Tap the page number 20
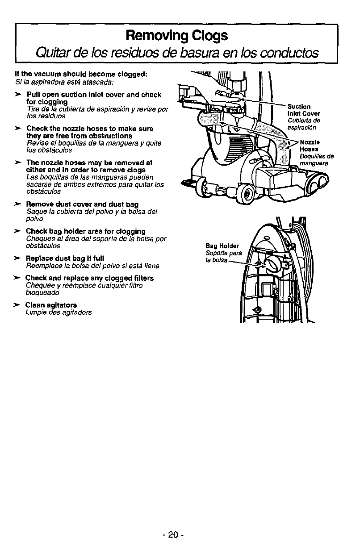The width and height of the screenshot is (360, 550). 177,534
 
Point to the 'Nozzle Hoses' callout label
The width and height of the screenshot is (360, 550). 309,146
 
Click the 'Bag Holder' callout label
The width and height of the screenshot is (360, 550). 222,246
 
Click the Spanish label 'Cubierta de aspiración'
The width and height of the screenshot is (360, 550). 304,124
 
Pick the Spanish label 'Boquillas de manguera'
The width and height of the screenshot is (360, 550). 317,159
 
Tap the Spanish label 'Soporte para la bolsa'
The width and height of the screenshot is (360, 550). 223,257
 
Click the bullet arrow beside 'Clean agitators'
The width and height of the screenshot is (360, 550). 17,305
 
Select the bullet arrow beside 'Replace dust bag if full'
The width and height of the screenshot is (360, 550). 17,258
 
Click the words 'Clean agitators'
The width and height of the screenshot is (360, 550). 50,305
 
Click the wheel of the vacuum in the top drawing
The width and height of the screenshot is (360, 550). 244,194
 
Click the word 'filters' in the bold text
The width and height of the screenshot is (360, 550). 142,278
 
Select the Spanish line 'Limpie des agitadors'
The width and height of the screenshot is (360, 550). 59,312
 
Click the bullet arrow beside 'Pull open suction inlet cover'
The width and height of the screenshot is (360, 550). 17,95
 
